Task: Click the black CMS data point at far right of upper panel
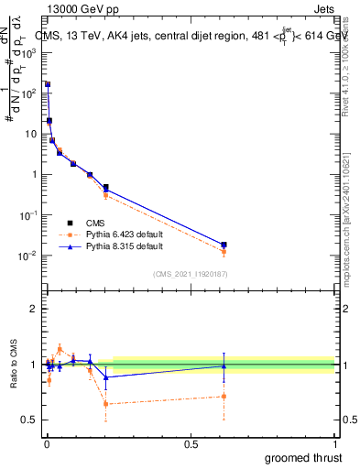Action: click(x=224, y=245)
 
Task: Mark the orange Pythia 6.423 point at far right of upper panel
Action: click(x=224, y=251)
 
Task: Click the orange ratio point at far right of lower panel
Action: click(x=224, y=397)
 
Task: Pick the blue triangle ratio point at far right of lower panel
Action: click(x=224, y=365)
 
